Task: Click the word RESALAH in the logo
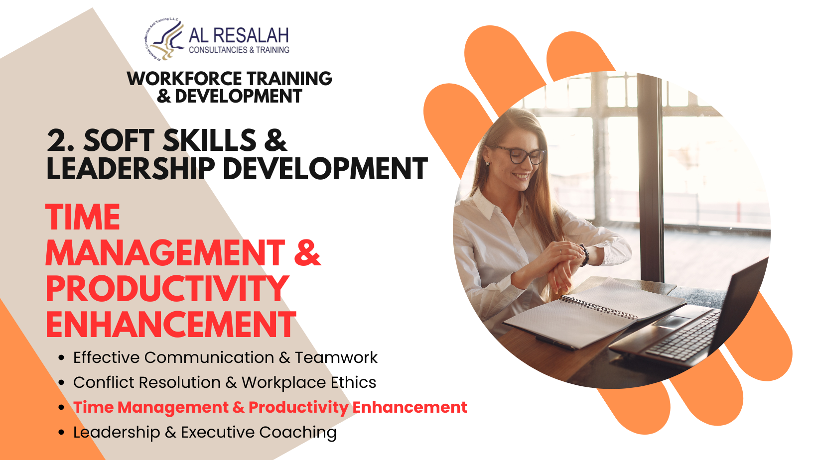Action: tap(251, 36)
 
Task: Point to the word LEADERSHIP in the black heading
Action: tap(131, 168)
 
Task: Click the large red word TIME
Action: tap(83, 217)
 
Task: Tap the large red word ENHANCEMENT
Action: tap(171, 324)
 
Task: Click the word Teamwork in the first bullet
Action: tap(336, 357)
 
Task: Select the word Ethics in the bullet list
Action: tap(353, 382)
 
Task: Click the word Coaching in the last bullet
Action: tap(298, 433)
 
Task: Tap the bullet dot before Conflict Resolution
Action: tap(61, 383)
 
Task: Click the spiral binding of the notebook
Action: tap(598, 308)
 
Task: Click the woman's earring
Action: tap(488, 164)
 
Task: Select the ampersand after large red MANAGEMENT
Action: tap(307, 252)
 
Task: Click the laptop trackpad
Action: tap(671, 322)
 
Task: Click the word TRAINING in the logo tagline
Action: tap(273, 50)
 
